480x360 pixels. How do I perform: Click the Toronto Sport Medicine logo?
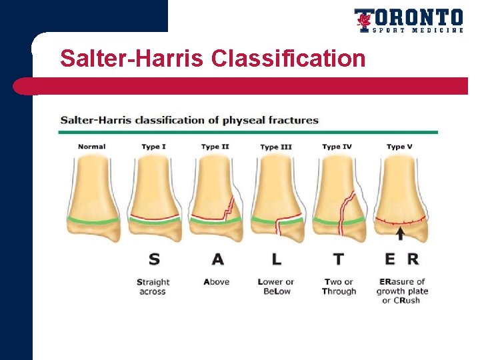point(408,20)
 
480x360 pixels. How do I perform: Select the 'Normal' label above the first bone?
point(91,147)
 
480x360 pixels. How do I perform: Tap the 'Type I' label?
point(153,147)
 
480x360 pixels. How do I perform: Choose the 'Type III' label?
point(276,147)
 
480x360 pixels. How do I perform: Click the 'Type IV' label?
point(337,147)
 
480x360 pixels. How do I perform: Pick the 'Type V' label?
point(399,147)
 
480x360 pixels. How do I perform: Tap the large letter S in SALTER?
point(154,259)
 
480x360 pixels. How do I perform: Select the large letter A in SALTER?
point(217,259)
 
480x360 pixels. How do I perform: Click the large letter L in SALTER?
point(276,259)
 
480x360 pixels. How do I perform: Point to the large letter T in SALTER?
point(339,259)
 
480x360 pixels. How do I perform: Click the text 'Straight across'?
point(153,287)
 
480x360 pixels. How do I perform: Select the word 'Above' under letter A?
point(217,282)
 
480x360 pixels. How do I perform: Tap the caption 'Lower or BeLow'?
point(275,287)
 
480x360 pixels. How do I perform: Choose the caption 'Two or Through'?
point(339,287)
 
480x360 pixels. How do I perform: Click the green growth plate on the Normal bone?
point(93,220)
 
